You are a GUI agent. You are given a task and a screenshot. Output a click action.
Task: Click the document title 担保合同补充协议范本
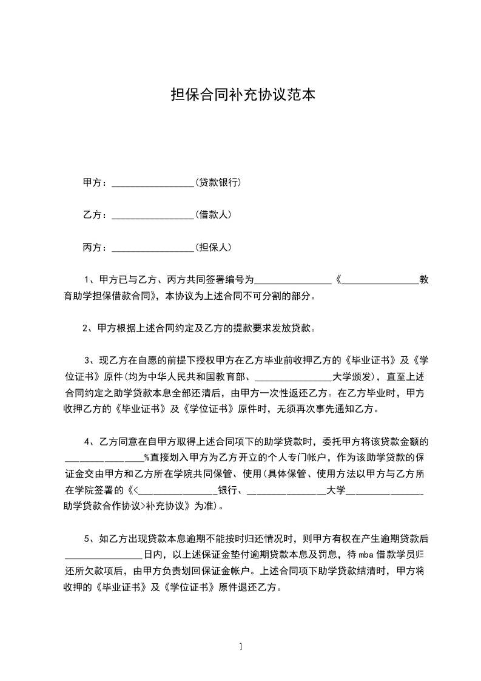pos(243,95)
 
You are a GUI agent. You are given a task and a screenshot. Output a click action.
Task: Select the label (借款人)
pos(213,214)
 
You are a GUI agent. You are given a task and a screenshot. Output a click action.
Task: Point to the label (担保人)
pos(213,247)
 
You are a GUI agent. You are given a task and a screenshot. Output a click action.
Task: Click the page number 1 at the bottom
pos(241,646)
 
